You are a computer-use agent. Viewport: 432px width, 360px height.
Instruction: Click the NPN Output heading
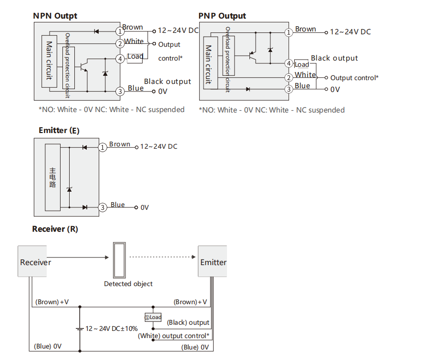[55, 16]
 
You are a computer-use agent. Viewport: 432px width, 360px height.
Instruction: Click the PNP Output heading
[222, 16]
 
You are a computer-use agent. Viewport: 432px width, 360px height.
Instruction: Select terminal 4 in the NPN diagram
[120, 59]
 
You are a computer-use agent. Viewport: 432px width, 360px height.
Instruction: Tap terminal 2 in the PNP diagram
[288, 77]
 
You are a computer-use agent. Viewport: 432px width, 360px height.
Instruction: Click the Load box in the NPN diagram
[135, 57]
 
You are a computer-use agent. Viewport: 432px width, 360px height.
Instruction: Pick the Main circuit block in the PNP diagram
[208, 64]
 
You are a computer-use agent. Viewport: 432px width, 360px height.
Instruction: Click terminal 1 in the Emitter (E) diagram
[103, 147]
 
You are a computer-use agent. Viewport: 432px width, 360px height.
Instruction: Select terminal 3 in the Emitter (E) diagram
[103, 207]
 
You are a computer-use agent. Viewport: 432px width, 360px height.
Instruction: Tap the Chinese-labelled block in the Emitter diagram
[52, 177]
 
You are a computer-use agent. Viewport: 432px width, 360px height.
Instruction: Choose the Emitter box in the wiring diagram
[213, 262]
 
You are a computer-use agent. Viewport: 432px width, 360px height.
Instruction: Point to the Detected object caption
[128, 284]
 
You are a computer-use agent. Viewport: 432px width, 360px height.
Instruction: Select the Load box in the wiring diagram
[153, 317]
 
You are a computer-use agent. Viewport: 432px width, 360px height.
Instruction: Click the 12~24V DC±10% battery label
[112, 329]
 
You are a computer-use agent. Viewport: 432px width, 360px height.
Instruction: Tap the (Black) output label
[188, 323]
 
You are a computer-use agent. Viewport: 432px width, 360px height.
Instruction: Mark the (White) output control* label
[174, 336]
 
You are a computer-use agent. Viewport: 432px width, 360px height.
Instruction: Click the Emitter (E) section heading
[59, 130]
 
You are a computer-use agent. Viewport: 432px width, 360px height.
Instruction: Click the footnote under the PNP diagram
[271, 110]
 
